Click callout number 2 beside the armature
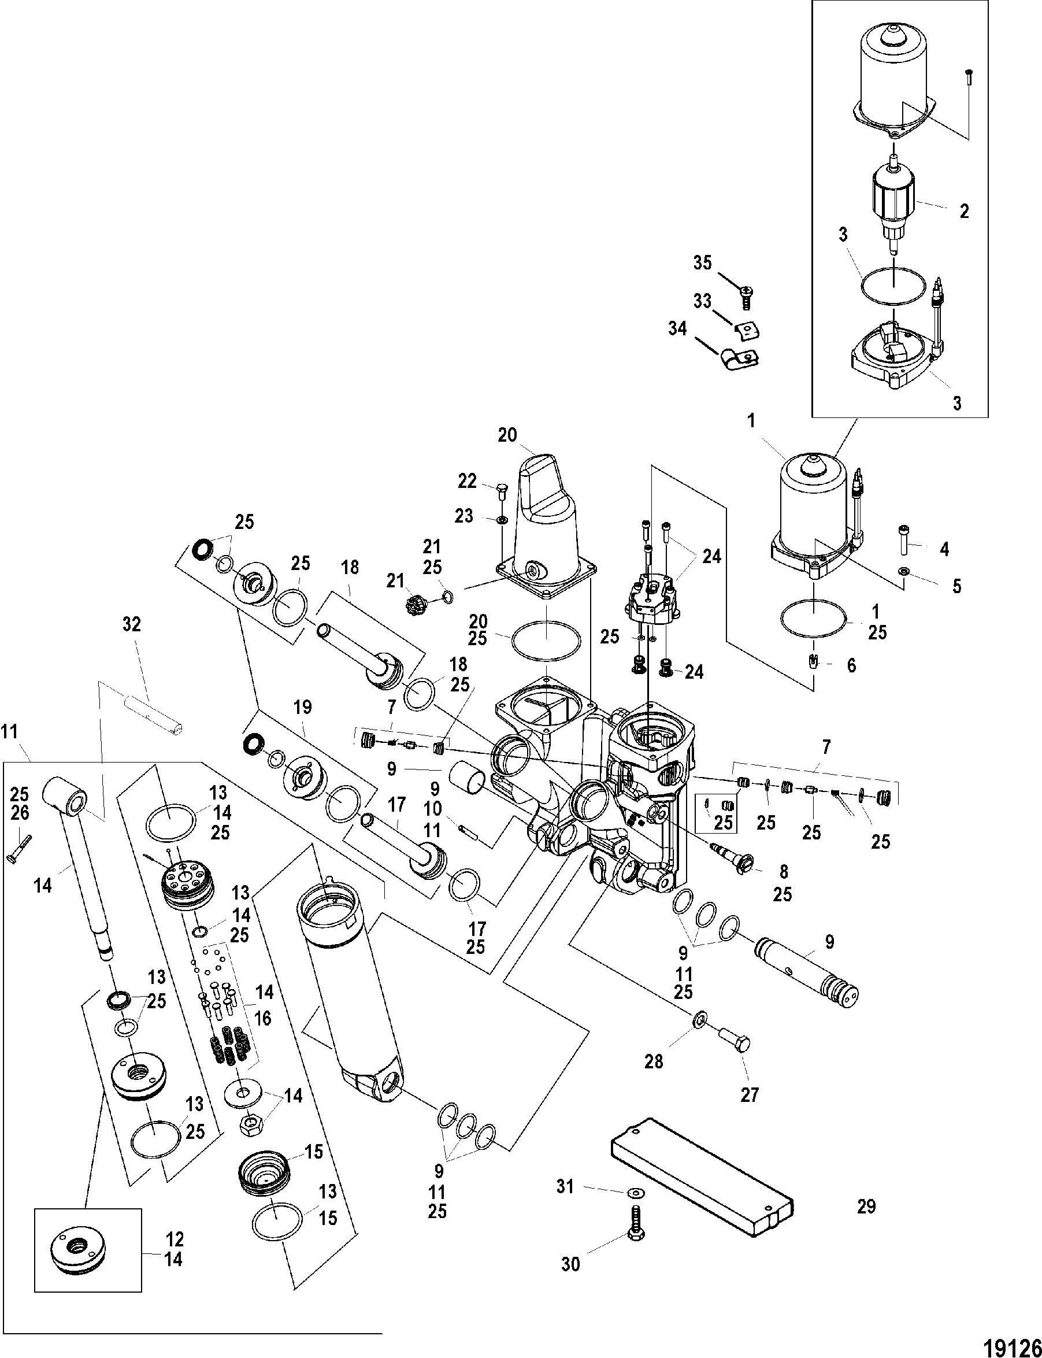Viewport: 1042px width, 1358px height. [964, 211]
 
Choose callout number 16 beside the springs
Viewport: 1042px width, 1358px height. [263, 1018]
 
